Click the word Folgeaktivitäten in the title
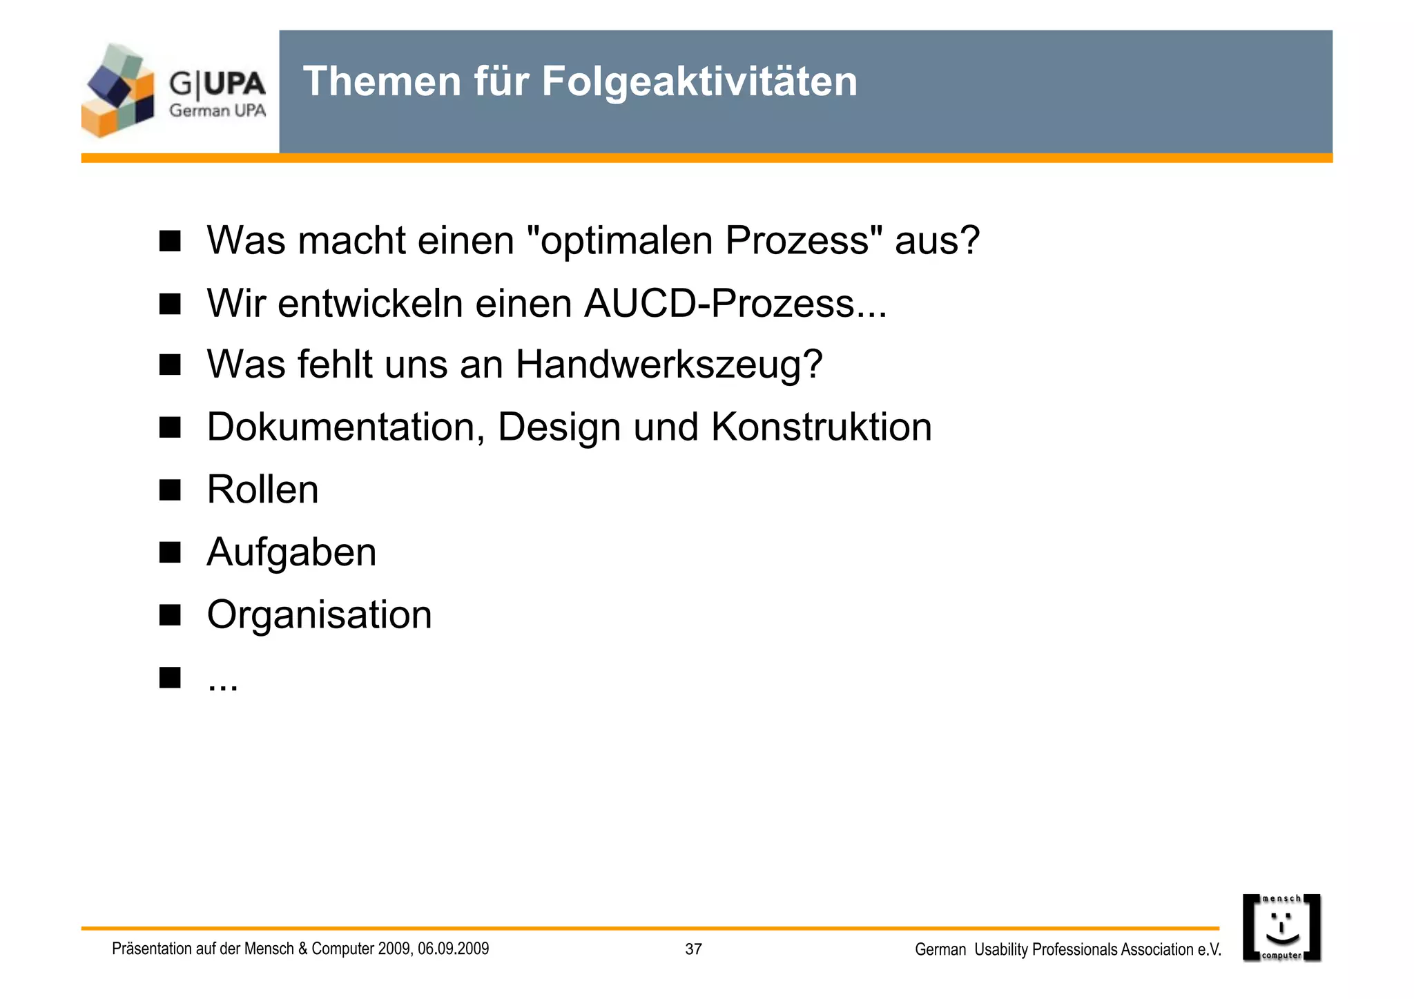point(699,81)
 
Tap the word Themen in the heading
point(382,81)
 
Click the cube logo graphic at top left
point(118,90)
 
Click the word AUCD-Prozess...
point(735,303)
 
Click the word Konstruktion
point(821,427)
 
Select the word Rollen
point(262,489)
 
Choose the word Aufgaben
point(291,552)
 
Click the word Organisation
point(319,614)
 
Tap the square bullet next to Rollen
point(170,490)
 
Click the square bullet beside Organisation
point(170,614)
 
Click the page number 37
point(693,949)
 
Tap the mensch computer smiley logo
point(1281,928)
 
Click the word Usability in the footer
point(1001,950)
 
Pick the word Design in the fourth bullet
point(559,427)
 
